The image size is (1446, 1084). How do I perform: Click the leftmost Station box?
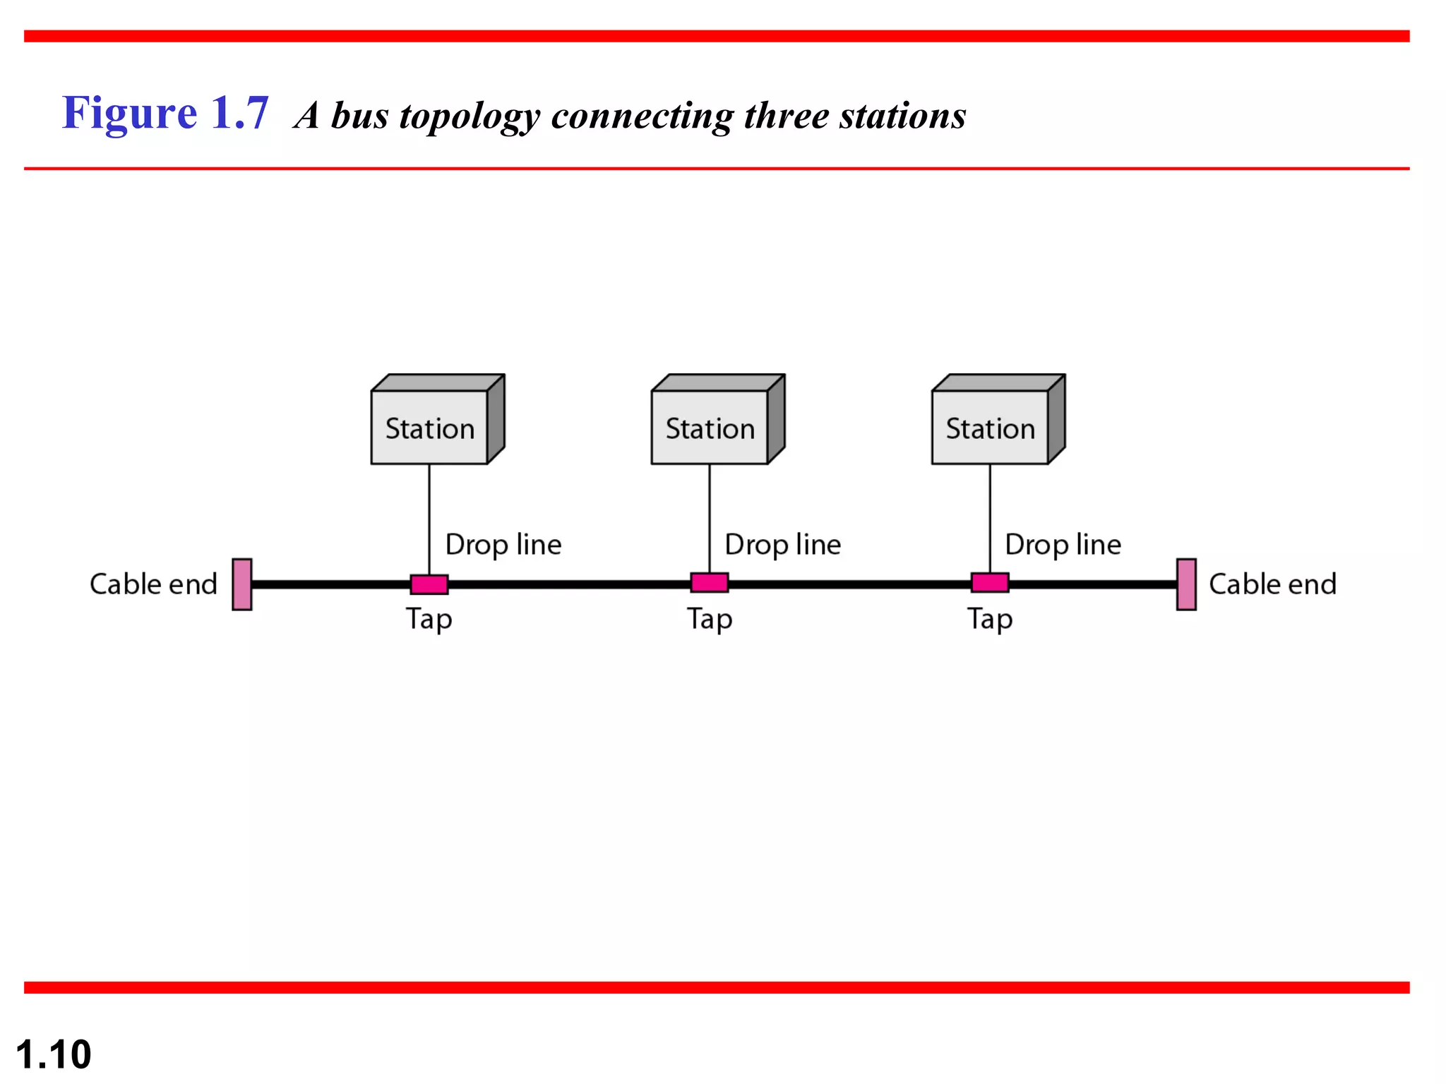[x=430, y=426]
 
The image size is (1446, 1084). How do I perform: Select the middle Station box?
[x=710, y=426]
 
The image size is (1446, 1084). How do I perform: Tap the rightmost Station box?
[x=991, y=426]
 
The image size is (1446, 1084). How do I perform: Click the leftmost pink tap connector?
[x=429, y=584]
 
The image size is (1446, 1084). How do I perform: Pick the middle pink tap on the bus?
[x=710, y=583]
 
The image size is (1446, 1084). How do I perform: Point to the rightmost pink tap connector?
[x=990, y=583]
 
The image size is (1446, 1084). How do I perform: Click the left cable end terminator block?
[x=242, y=584]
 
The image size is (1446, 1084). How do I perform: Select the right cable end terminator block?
[x=1186, y=584]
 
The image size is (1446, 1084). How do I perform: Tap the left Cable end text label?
[x=153, y=584]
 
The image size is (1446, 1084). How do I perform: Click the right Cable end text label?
[x=1272, y=584]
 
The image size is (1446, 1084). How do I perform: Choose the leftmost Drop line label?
[x=503, y=545]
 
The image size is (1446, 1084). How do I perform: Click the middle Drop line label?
[x=783, y=545]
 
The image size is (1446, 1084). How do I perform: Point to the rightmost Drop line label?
[x=1063, y=545]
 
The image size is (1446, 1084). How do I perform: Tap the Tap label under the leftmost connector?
[x=429, y=620]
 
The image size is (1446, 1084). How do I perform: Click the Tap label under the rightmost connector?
[x=990, y=620]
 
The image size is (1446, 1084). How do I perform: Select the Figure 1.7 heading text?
[x=165, y=113]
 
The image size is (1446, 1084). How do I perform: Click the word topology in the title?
[x=469, y=116]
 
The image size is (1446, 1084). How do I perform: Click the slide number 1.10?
[x=54, y=1054]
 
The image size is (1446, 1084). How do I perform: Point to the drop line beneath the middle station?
[x=710, y=519]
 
